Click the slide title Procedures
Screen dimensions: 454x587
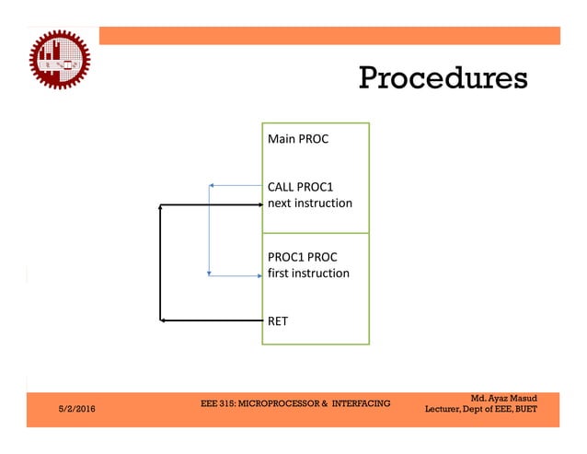click(x=443, y=77)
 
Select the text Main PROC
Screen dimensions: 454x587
click(x=297, y=140)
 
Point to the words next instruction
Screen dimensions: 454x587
click(x=309, y=202)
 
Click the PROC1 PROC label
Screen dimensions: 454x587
click(x=302, y=257)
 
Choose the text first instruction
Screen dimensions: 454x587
click(x=308, y=274)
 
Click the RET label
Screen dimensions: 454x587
click(x=277, y=321)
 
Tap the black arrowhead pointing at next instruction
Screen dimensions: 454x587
click(x=259, y=203)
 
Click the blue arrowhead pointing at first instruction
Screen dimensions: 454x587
click(x=259, y=274)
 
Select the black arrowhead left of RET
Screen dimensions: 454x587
click(x=164, y=320)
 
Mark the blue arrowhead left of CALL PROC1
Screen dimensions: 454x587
click(x=213, y=186)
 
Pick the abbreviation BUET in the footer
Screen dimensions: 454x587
click(x=525, y=409)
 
